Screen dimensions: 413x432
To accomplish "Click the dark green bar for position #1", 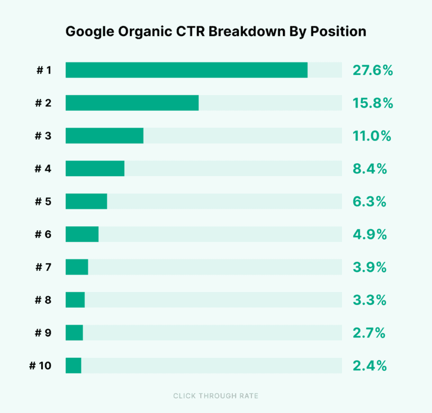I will (186, 70).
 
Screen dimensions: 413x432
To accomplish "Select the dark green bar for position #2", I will (132, 103).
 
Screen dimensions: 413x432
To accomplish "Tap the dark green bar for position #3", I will (105, 136).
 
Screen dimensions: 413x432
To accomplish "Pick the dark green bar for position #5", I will (86, 201).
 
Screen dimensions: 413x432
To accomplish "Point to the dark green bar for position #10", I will (73, 366).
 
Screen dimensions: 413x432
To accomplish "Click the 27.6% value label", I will (372, 70).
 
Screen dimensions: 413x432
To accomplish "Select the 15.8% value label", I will (372, 103).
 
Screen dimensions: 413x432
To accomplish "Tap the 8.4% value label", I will (370, 168).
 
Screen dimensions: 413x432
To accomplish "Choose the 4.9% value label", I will (370, 234).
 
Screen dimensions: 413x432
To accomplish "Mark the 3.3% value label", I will (370, 300).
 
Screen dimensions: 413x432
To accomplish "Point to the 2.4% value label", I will (370, 366).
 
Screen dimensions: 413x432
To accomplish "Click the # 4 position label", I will (43, 168).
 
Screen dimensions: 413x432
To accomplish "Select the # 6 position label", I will (43, 234).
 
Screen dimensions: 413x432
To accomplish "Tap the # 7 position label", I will (43, 267).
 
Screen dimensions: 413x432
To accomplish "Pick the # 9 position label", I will (43, 333).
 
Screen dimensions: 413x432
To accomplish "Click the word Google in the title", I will (87, 32).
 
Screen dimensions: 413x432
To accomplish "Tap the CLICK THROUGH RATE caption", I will (216, 396).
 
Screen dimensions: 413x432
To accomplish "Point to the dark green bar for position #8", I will (75, 300).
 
